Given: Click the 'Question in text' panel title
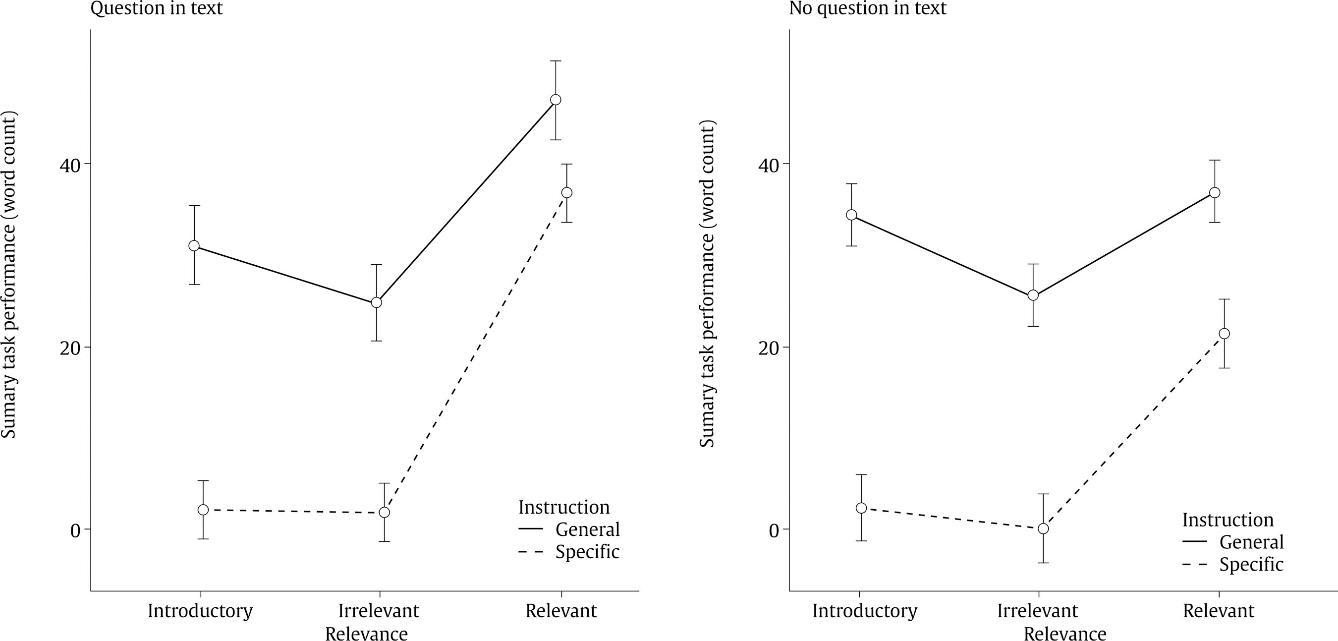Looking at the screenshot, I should pyautogui.click(x=156, y=8).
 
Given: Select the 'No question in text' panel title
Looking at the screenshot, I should pyautogui.click(x=867, y=8).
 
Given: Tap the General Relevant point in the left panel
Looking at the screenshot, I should pyautogui.click(x=555, y=100).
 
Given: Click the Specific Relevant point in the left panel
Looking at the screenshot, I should pyautogui.click(x=567, y=193).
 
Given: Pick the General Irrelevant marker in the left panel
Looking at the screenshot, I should pyautogui.click(x=377, y=302).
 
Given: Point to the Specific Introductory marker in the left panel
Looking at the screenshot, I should pyautogui.click(x=203, y=510).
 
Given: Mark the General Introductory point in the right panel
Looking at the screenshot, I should pyautogui.click(x=851, y=215).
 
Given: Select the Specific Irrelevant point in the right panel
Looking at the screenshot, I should pyautogui.click(x=1043, y=529).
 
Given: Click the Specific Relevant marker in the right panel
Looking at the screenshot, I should pyautogui.click(x=1224, y=334).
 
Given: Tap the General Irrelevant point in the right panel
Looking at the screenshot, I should pyautogui.click(x=1033, y=295).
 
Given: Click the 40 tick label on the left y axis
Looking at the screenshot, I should pyautogui.click(x=70, y=165).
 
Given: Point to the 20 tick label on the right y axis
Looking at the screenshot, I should pyautogui.click(x=769, y=348).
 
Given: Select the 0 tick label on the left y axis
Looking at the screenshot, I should pyautogui.click(x=75, y=530).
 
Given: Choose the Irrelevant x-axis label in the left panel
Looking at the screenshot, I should pyautogui.click(x=379, y=611).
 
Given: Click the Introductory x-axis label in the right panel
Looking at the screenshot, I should pyautogui.click(x=865, y=611).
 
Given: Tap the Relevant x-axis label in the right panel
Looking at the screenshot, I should pyautogui.click(x=1219, y=611).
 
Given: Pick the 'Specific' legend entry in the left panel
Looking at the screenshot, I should pyautogui.click(x=587, y=552).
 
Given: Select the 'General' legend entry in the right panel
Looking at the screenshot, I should pyautogui.click(x=1251, y=542).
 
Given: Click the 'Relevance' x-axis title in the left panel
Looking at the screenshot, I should pyautogui.click(x=366, y=634).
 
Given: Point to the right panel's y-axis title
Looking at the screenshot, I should pyautogui.click(x=707, y=283).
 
